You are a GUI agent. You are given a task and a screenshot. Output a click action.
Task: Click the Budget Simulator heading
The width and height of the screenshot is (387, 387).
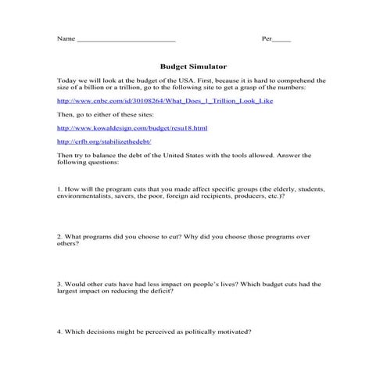point(192,66)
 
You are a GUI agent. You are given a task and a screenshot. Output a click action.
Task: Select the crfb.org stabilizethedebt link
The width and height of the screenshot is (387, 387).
point(104,142)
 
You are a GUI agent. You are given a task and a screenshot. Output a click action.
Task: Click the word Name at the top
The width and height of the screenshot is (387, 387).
point(66,38)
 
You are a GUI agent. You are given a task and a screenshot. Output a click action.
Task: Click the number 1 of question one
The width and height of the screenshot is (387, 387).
point(59,189)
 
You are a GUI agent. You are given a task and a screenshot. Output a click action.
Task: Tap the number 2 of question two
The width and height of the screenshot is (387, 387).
point(59,236)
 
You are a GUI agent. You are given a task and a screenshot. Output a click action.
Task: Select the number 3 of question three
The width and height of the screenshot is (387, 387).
point(59,284)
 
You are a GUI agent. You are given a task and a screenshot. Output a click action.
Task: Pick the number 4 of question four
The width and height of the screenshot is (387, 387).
point(59,331)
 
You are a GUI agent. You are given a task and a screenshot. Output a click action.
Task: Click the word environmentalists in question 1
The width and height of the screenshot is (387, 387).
point(80,196)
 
